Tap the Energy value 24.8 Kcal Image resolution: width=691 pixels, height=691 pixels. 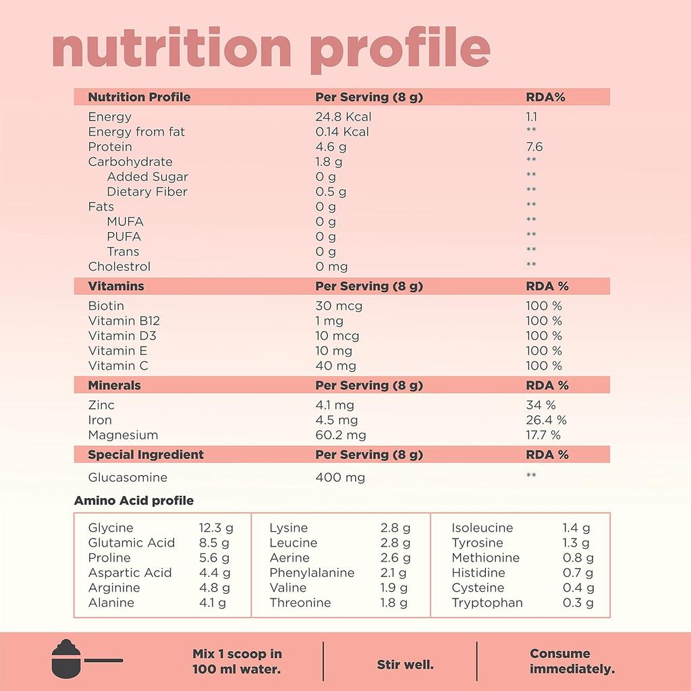point(343,117)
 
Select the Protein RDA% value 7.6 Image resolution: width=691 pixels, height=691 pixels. point(534,146)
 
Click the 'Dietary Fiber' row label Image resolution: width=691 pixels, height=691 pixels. point(147,192)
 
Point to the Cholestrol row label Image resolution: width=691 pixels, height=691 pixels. point(119,267)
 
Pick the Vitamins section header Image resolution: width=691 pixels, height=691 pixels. point(116,286)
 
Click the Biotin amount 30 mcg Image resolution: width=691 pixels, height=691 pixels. point(339,306)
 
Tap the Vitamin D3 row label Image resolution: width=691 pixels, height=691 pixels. point(122,335)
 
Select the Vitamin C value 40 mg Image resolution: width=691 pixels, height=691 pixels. point(335,366)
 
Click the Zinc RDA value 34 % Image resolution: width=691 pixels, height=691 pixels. point(541,405)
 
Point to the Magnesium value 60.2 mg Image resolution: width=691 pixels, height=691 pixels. point(341,435)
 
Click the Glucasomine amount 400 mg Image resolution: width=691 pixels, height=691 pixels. point(340,478)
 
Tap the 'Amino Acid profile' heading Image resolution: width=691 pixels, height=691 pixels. point(134,501)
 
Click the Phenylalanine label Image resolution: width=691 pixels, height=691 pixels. point(312,573)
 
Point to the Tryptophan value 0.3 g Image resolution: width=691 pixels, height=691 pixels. point(578,603)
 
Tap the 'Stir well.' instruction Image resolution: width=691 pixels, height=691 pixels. point(405,665)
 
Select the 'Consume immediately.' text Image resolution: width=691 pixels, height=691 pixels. point(572,661)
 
